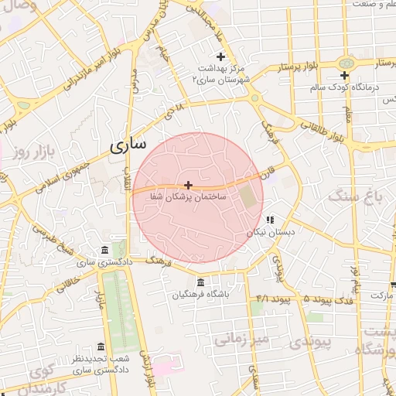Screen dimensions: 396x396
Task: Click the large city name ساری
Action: pos(127,145)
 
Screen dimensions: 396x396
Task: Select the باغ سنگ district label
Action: pos(356,196)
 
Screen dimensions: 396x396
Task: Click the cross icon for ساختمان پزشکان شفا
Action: pos(188,185)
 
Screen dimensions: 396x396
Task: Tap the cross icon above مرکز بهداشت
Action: pos(220,56)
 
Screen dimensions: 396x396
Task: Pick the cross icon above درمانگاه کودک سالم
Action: pos(345,75)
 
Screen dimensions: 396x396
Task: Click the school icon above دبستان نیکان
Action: pos(270,220)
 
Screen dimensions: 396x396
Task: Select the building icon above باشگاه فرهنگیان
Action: pos(201,282)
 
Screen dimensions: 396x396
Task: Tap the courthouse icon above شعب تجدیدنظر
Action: pos(101,346)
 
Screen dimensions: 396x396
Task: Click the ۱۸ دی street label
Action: pos(175,111)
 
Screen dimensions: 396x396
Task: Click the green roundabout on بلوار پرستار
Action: pos(345,62)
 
